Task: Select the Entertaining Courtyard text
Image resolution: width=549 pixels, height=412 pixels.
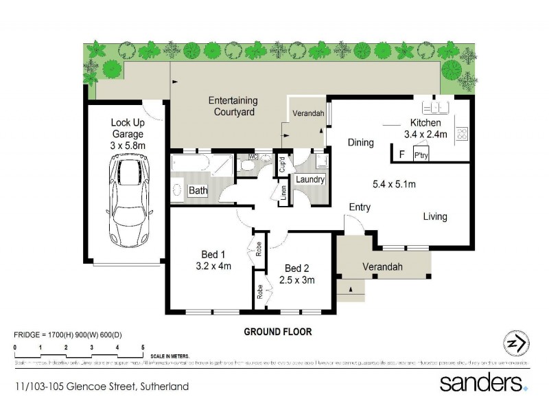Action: pyautogui.click(x=233, y=106)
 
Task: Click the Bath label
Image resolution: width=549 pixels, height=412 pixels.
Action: pyautogui.click(x=198, y=191)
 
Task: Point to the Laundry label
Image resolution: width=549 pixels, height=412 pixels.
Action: pyautogui.click(x=310, y=179)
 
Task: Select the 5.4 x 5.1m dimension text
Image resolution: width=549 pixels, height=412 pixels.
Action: pyautogui.click(x=395, y=183)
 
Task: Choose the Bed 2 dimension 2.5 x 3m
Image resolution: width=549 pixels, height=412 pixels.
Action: pyautogui.click(x=297, y=280)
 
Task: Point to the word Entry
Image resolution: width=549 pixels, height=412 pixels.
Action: pyautogui.click(x=360, y=207)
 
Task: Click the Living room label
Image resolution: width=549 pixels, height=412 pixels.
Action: pyautogui.click(x=434, y=216)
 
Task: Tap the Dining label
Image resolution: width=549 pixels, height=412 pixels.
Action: pyautogui.click(x=360, y=143)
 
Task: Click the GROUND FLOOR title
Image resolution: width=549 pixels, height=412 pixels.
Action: pyautogui.click(x=278, y=332)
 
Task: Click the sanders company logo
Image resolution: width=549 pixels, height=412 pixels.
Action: pyautogui.click(x=484, y=382)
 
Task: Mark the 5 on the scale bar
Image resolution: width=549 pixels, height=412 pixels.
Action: pyautogui.click(x=143, y=348)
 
